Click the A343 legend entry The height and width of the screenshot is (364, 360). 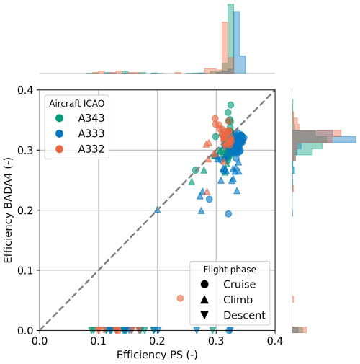pyautogui.click(x=80, y=118)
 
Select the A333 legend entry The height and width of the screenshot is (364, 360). pyautogui.click(x=80, y=133)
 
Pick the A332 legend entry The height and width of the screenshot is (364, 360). pyautogui.click(x=80, y=149)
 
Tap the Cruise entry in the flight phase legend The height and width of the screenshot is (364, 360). pyautogui.click(x=228, y=284)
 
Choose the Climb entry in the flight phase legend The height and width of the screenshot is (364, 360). pyautogui.click(x=226, y=300)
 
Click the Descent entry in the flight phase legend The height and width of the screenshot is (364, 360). pyautogui.click(x=233, y=315)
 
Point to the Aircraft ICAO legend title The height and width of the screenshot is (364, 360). pyautogui.click(x=77, y=103)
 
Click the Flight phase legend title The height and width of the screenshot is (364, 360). pyautogui.click(x=230, y=270)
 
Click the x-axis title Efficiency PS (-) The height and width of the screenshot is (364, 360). pyautogui.click(x=157, y=355)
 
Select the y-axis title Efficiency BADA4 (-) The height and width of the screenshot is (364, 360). pyautogui.click(x=8, y=210)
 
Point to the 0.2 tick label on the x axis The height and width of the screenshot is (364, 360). pyautogui.click(x=157, y=341)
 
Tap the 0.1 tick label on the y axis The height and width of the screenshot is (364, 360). pyautogui.click(x=25, y=270)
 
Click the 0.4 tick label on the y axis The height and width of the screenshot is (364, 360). pyautogui.click(x=25, y=90)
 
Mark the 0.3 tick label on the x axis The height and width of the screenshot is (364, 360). pyautogui.click(x=216, y=341)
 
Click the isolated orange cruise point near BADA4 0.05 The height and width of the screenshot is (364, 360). pyautogui.click(x=180, y=298)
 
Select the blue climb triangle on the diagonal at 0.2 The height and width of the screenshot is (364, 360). pyautogui.click(x=157, y=210)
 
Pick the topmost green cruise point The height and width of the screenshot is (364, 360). pyautogui.click(x=230, y=105)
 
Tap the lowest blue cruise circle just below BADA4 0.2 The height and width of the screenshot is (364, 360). pyautogui.click(x=228, y=213)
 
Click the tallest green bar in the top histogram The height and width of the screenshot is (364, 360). pyautogui.click(x=230, y=39)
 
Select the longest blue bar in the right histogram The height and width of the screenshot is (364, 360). pyautogui.click(x=324, y=139)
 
